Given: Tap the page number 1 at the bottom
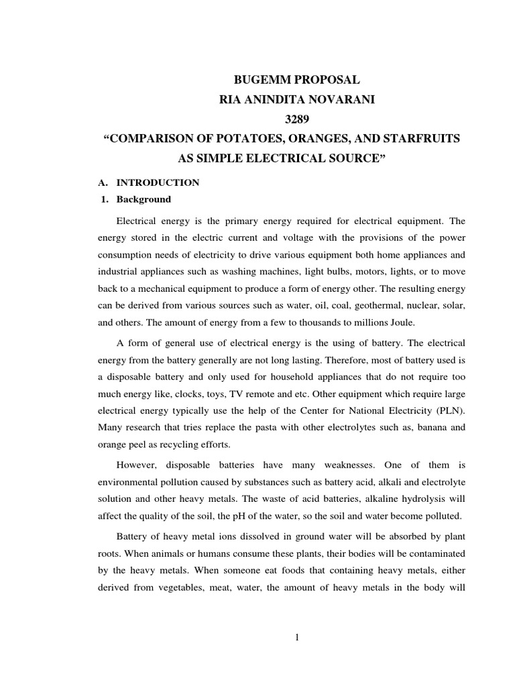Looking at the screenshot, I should [296, 637].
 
